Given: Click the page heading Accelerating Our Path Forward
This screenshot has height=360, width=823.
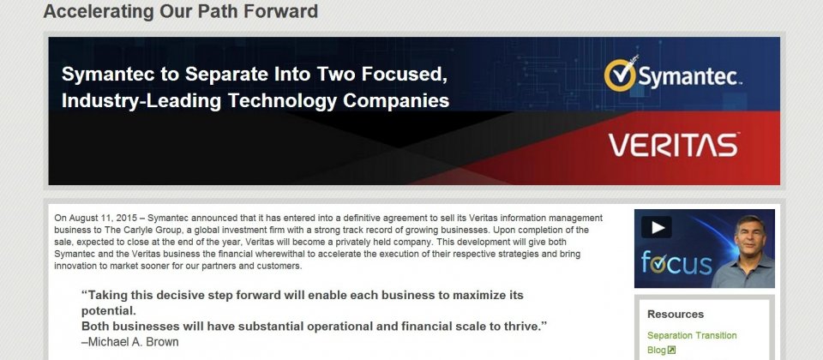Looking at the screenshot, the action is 181,11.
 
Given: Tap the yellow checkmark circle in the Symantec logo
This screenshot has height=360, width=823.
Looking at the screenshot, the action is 621,75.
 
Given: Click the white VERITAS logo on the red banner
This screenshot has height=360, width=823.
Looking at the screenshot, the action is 674,145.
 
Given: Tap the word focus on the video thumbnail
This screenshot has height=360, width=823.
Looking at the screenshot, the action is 676,262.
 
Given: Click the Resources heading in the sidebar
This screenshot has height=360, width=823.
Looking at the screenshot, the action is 676,315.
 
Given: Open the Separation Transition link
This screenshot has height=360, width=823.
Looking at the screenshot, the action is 692,335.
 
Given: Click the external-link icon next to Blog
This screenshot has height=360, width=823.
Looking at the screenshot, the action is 671,350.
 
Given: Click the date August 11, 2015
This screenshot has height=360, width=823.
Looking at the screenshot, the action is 103,219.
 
